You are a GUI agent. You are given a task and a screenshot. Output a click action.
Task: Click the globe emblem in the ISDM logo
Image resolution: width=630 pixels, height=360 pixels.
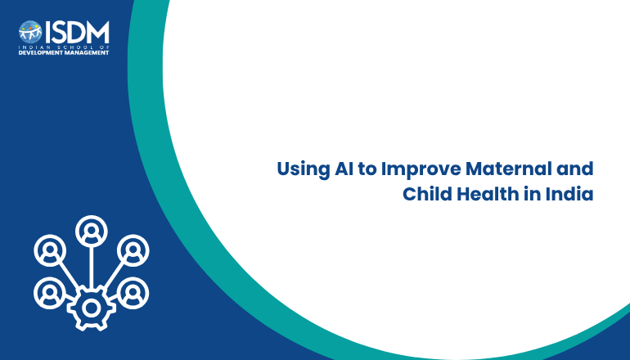(30, 32)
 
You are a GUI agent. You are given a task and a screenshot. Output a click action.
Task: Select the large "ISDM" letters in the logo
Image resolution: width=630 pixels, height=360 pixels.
(77, 32)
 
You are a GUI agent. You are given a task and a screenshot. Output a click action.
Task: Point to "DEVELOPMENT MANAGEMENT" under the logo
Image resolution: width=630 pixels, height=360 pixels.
(64, 52)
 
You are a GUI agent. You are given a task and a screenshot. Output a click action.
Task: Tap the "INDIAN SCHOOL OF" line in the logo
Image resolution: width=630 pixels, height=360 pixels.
(64, 47)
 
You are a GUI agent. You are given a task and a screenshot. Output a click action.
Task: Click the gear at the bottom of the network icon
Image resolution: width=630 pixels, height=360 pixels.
(91, 308)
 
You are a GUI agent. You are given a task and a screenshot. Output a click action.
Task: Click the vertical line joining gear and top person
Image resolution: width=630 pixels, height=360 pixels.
(91, 267)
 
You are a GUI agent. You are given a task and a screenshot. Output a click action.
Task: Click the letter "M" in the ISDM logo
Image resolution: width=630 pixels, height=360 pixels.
(97, 32)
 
